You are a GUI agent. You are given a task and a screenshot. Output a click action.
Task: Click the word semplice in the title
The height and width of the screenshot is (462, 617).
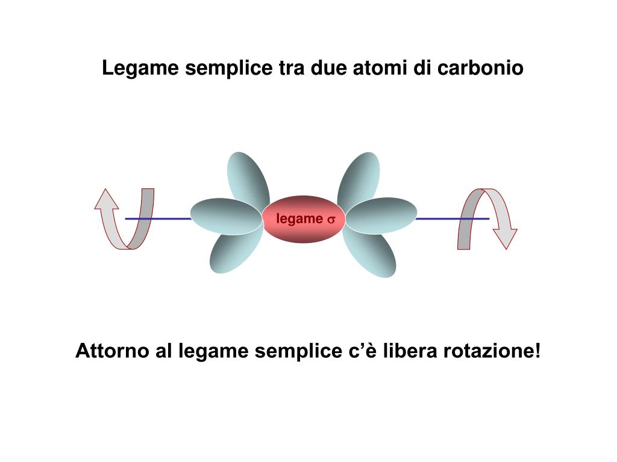coord(228,69)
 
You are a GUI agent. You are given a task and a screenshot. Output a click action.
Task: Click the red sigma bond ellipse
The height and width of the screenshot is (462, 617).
coord(304,219)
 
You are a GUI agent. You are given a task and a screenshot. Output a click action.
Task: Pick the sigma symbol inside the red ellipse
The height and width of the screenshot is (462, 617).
coord(331,220)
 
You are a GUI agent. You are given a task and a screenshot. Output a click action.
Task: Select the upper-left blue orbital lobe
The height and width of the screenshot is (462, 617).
coord(248,179)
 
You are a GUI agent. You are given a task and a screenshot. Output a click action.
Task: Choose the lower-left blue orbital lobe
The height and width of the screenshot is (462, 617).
coord(236,251)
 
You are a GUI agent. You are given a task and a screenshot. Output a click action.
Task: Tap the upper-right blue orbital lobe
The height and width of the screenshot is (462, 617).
coord(359,179)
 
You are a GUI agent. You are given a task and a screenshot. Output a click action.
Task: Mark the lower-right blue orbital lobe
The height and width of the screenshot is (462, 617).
coord(369,253)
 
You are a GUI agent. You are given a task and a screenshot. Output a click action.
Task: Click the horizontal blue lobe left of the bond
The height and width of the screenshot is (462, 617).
coord(227,215)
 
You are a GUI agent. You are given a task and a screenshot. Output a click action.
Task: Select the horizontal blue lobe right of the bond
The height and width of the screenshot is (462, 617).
coord(381,215)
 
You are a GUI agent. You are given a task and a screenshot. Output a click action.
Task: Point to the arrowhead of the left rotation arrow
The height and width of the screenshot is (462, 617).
coord(106,199)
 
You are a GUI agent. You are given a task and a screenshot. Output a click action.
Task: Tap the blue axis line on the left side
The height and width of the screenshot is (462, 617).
coord(158,218)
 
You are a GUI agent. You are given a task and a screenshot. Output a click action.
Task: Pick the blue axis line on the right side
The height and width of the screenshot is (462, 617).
coord(453,218)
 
